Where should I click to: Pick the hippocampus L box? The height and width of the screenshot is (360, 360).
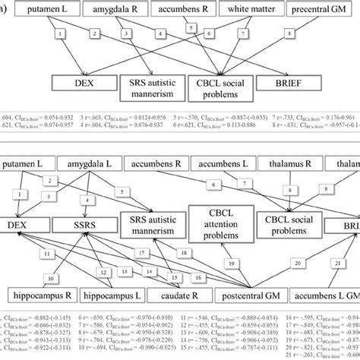(x=124, y=293)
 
